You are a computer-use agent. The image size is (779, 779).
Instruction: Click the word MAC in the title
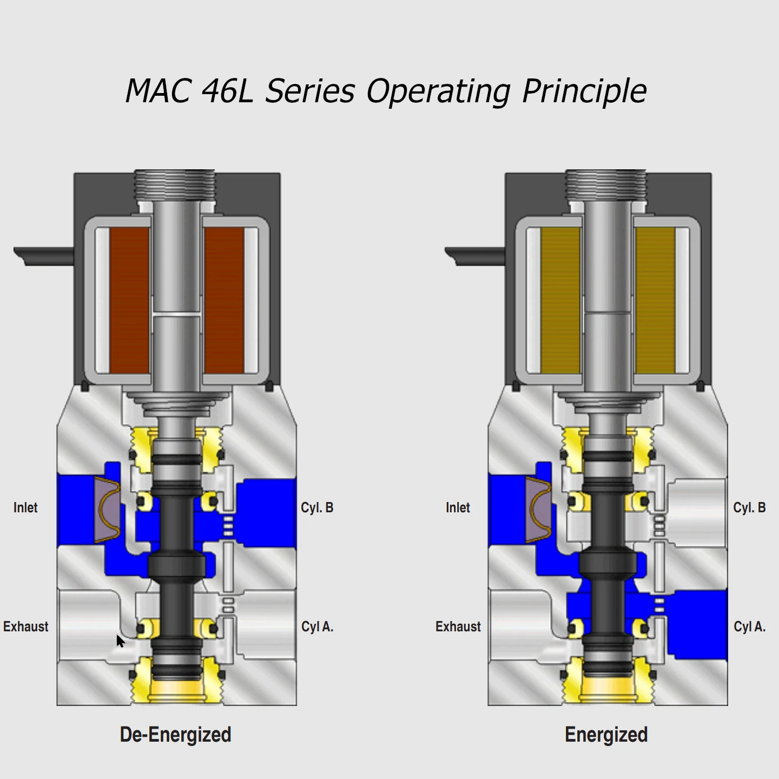[157, 90]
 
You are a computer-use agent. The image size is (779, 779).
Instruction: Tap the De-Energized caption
[175, 735]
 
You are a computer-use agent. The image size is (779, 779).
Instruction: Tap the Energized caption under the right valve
[606, 735]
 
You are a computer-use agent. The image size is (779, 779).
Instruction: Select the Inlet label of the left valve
[25, 507]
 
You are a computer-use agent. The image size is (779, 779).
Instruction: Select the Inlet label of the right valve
[458, 507]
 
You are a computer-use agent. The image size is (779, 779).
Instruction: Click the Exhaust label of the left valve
[25, 626]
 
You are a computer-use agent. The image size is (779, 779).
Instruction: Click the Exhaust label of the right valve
[458, 626]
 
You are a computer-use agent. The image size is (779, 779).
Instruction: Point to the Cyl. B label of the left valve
[317, 507]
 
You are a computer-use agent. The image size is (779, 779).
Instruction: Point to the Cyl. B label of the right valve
[749, 507]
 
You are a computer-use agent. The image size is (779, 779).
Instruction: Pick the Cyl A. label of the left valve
[317, 626]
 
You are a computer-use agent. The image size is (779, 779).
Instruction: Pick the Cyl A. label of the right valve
[749, 626]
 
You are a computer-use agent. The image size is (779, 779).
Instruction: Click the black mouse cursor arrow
[120, 641]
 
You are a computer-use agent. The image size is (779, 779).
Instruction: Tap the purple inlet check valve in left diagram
[107, 510]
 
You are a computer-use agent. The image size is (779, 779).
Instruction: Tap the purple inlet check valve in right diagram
[538, 510]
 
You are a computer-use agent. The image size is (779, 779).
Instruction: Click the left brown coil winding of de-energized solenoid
[129, 300]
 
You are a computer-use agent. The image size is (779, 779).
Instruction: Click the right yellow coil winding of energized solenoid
[655, 300]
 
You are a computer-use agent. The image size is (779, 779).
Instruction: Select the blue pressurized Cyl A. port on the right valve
[698, 625]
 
